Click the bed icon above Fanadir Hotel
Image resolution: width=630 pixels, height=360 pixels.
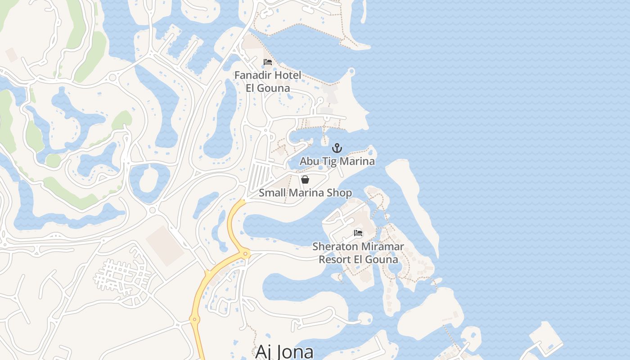pyautogui.click(x=268, y=62)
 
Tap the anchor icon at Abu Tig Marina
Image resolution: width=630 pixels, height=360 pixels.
pyautogui.click(x=337, y=148)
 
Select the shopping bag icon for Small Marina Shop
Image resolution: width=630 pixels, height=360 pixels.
pyautogui.click(x=305, y=180)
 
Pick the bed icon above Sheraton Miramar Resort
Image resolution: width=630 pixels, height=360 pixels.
pyautogui.click(x=358, y=233)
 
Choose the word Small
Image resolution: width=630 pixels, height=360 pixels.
pyautogui.click(x=271, y=193)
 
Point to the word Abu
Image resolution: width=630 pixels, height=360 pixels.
pyautogui.click(x=309, y=161)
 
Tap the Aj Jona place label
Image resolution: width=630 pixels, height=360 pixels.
pyautogui.click(x=284, y=351)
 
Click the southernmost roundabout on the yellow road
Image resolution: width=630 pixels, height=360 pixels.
pyautogui.click(x=195, y=319)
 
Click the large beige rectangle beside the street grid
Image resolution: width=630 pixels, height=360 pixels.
pyautogui.click(x=165, y=245)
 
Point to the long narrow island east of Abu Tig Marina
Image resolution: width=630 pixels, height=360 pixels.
pyautogui.click(x=412, y=198)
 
